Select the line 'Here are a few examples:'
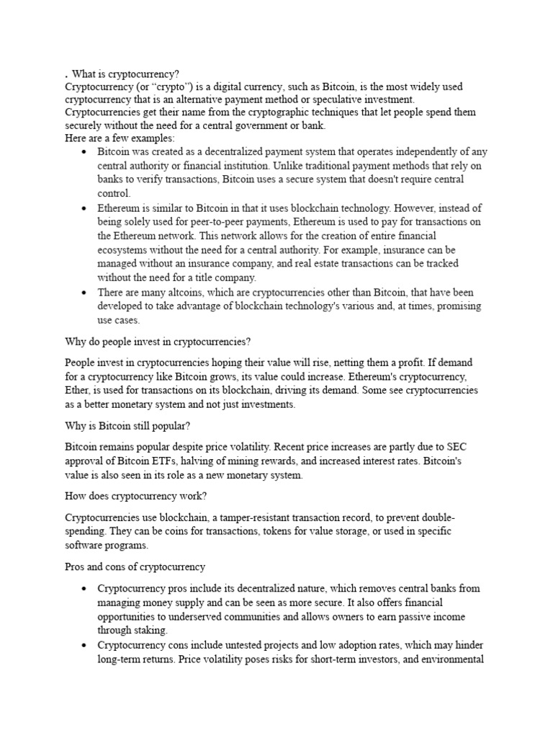coord(120,138)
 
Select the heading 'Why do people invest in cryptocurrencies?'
coord(157,341)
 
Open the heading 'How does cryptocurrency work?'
coord(135,495)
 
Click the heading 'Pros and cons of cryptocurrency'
coord(135,566)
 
